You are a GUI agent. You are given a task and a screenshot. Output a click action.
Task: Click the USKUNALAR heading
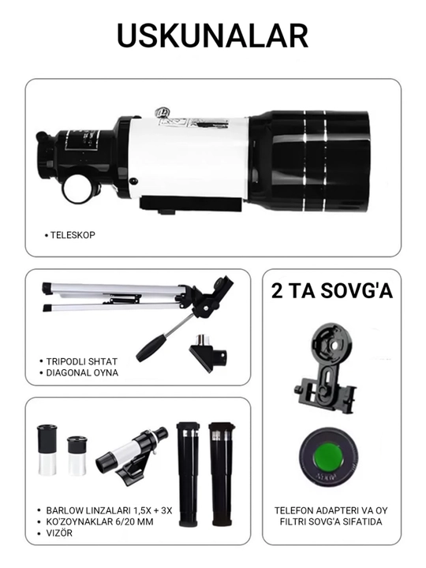coord(213,35)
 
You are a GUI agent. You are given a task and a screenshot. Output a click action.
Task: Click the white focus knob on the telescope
coord(77,189)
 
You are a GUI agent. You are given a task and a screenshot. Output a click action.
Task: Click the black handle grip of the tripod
coord(152,347)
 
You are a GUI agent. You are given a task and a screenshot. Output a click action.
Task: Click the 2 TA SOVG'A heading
coord(332,291)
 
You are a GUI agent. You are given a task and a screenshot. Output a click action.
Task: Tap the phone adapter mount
coord(325,369)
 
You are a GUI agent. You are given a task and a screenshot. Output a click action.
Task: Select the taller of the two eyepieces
coord(47,450)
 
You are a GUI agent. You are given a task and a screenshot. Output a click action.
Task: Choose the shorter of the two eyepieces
coord(77,455)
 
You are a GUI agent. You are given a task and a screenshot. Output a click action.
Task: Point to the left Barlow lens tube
coord(188,474)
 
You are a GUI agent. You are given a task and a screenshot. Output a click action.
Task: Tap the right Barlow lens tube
coord(222,474)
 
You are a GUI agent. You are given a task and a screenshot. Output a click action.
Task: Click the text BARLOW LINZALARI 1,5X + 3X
coord(109,510)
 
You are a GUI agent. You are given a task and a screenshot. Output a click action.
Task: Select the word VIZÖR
coord(59,532)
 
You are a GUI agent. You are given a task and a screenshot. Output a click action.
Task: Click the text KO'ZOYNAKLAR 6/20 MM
coord(99,521)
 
